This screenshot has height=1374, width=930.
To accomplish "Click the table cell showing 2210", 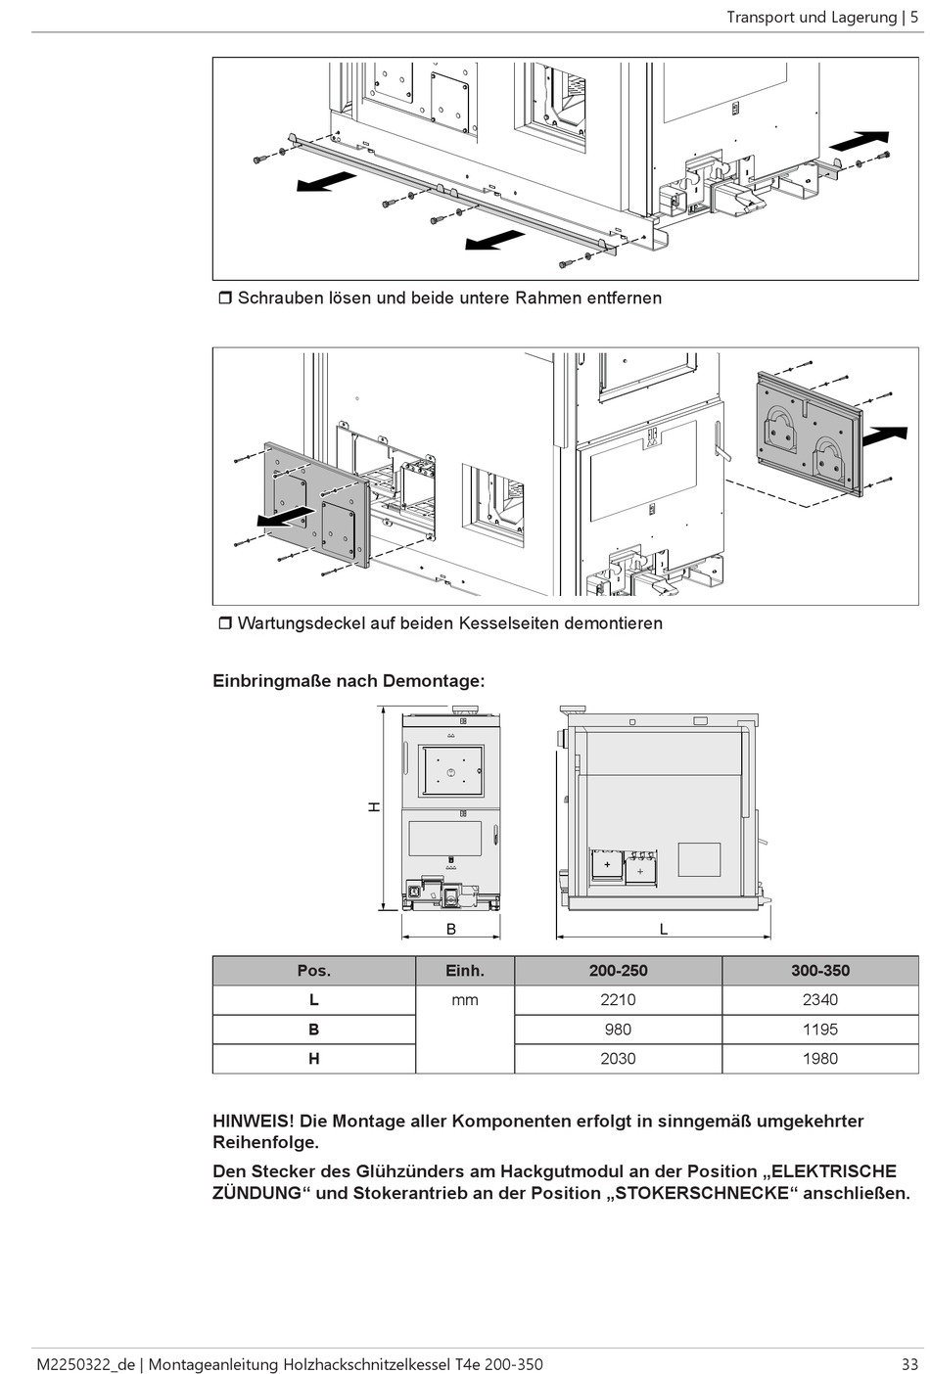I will [618, 999].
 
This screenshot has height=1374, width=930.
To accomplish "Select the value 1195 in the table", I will [819, 1029].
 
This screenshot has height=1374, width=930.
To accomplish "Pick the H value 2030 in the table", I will [618, 1058].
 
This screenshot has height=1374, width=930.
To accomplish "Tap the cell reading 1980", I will [819, 1058].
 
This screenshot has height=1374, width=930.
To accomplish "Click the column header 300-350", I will [819, 971].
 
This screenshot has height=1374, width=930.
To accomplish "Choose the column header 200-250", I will [618, 971].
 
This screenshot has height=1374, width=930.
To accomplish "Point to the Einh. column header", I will [465, 971].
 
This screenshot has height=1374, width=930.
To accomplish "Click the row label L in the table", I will [313, 999].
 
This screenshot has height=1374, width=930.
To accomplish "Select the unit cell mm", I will [465, 999].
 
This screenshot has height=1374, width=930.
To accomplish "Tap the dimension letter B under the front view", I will [451, 929].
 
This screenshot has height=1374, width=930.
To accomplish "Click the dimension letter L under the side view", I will [663, 929].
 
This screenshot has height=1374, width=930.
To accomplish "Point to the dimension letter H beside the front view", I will [374, 807].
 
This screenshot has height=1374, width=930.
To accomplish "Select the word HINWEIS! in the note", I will [252, 1121].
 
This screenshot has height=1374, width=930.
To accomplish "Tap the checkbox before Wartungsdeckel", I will [224, 623].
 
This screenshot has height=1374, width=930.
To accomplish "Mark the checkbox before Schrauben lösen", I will [224, 298].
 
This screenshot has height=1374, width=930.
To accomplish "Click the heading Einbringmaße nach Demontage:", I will [349, 680].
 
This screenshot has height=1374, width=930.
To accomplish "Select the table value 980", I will [618, 1029].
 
